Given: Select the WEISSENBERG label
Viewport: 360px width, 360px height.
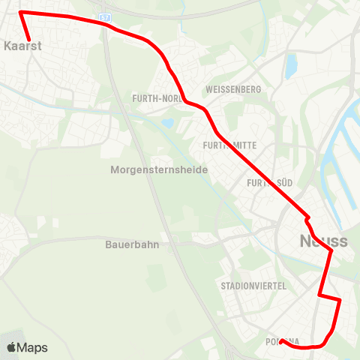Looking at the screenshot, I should [236, 89].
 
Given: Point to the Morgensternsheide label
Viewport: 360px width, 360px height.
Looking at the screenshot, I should [158, 170].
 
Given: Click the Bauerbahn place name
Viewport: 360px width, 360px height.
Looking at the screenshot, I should [133, 244].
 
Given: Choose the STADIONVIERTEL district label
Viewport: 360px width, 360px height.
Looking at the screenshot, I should [250, 286].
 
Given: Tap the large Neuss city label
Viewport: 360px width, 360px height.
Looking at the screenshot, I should [323, 241].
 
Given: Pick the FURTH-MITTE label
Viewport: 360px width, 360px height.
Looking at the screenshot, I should [230, 145].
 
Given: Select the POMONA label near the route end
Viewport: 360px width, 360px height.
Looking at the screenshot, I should [283, 342].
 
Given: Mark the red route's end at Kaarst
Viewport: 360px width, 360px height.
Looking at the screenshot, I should [29, 40].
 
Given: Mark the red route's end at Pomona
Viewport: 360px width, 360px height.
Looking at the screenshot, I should [280, 342].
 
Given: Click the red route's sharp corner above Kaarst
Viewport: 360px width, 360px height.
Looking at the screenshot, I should [20, 13].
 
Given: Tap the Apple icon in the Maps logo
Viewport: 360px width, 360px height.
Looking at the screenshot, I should [11, 348].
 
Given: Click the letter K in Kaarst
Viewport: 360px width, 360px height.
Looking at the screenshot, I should [6, 45].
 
